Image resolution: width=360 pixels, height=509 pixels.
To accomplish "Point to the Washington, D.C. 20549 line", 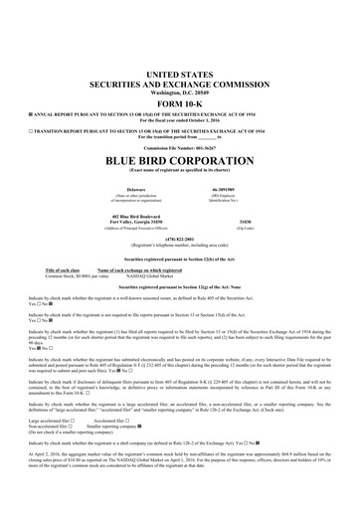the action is (179, 91).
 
